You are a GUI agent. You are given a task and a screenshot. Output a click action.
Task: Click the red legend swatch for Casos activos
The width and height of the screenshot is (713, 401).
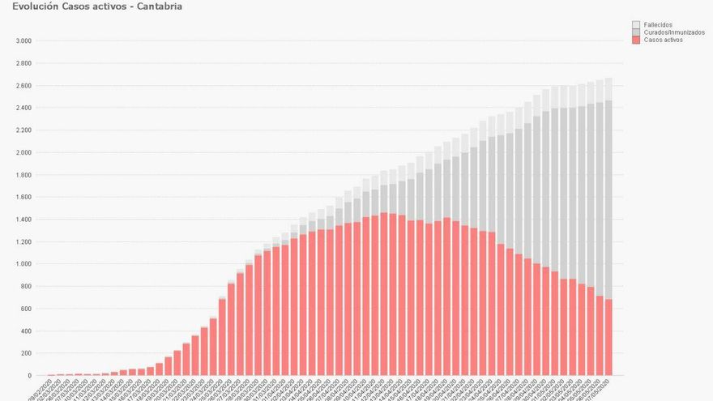click(x=636, y=40)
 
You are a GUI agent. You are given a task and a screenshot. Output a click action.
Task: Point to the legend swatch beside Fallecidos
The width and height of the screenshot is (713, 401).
click(x=636, y=25)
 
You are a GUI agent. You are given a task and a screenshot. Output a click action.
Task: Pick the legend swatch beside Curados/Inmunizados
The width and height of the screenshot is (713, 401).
click(x=636, y=32)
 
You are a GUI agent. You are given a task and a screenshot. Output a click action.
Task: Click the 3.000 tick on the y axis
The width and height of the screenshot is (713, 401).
click(x=23, y=41)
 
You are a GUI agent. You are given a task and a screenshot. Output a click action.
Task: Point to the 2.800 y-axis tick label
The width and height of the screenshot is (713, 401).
click(x=23, y=63)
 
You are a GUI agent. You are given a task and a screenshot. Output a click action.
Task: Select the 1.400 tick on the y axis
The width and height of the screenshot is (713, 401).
click(x=23, y=220)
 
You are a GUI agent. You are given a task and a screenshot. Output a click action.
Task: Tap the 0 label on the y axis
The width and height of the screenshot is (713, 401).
click(x=29, y=376)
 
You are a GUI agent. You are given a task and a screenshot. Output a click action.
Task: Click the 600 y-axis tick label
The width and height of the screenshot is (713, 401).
click(x=25, y=309)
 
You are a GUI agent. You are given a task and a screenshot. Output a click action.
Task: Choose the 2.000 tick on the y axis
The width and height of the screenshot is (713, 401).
click(x=23, y=152)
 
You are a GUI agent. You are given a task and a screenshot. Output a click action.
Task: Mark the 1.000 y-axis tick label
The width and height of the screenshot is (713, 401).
click(x=23, y=264)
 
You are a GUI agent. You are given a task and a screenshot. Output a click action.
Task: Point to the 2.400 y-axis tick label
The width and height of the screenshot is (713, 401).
click(x=23, y=108)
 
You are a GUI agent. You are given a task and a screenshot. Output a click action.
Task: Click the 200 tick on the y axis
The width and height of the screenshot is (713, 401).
click(x=25, y=353)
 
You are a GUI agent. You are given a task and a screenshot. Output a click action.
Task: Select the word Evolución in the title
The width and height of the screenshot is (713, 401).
click(x=34, y=6)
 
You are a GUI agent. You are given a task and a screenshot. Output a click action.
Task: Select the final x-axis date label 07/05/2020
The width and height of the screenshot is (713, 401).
click(x=601, y=387)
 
